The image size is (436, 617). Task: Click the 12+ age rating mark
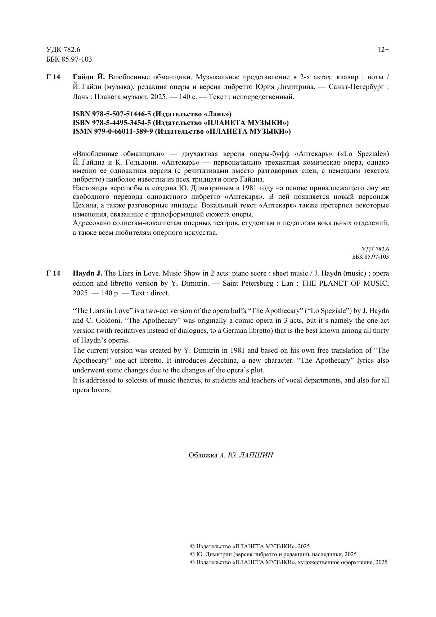pyautogui.click(x=383, y=50)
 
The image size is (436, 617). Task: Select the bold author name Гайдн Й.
pyautogui.click(x=89, y=77)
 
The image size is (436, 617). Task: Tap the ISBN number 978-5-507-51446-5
pyautogui.click(x=119, y=114)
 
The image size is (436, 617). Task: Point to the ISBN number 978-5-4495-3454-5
pyautogui.click(x=120, y=123)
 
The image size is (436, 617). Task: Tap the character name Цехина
pyautogui.click(x=84, y=205)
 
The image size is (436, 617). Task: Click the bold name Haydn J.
pyautogui.click(x=87, y=273)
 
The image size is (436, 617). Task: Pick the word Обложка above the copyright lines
pyautogui.click(x=203, y=455)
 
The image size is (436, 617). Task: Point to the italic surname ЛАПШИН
pyautogui.click(x=256, y=455)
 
